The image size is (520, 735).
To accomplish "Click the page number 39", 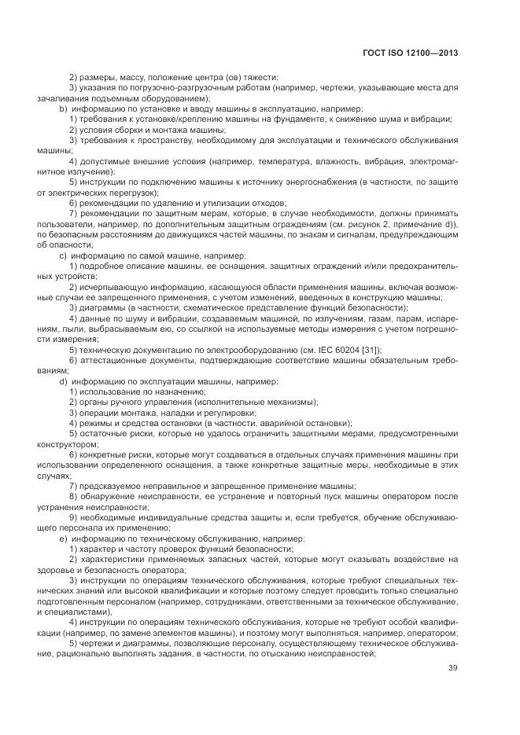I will point(452,668).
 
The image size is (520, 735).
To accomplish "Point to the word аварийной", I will point(282,422).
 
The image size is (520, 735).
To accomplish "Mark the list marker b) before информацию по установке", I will point(63,108).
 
